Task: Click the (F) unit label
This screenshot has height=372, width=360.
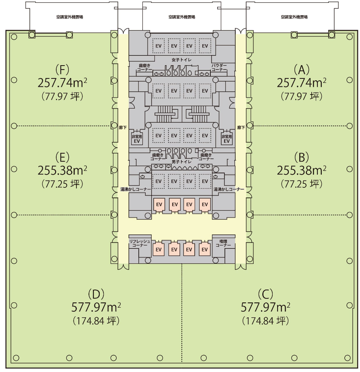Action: (62, 70)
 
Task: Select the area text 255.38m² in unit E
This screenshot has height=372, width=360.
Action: (62, 171)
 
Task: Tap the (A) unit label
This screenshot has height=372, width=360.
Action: (301, 70)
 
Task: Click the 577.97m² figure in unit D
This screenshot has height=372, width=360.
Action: (96, 307)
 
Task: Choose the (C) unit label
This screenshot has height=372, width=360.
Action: (265, 294)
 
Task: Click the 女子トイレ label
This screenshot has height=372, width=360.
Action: (181, 60)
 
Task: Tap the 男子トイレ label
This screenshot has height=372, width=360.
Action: (181, 162)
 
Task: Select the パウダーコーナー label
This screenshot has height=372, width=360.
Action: (219, 68)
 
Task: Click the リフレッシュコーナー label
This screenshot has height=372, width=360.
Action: (140, 243)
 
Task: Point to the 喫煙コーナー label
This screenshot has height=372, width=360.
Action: (223, 243)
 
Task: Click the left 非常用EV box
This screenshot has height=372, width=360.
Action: (137, 138)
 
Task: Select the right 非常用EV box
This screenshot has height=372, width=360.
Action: (226, 138)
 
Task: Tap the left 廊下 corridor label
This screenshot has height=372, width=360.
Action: (123, 127)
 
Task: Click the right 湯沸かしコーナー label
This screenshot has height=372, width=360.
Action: (229, 189)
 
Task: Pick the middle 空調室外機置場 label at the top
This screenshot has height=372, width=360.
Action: (182, 17)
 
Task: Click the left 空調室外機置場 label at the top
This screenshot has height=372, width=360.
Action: (70, 17)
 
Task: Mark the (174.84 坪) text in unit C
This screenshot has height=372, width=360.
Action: (265, 321)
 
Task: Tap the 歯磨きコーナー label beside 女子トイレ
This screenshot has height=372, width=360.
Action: (144, 68)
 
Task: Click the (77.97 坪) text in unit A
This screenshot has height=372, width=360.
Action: (301, 97)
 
